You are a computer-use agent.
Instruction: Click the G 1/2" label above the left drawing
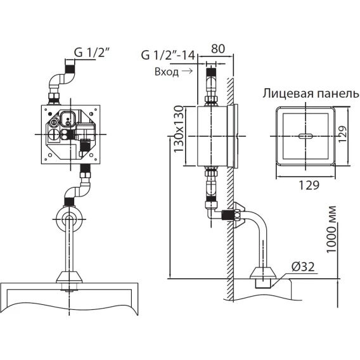91,53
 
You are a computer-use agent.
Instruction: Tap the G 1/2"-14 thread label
168,55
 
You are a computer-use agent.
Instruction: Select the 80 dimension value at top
218,49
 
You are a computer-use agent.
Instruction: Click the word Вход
167,72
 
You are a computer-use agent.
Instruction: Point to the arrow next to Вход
187,71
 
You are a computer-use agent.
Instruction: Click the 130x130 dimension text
179,129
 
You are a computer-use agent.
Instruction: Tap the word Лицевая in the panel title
288,94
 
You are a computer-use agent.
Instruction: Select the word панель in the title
337,94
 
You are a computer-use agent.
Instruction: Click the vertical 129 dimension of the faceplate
342,134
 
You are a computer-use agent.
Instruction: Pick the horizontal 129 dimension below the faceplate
309,185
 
